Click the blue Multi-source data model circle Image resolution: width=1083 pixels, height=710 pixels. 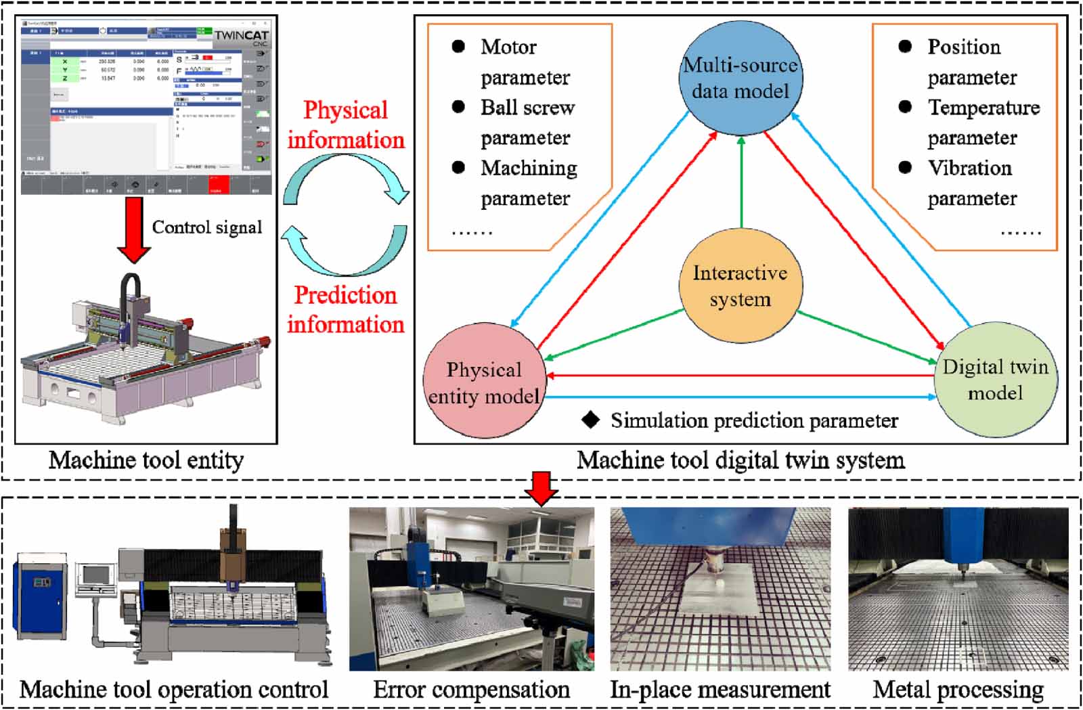741,78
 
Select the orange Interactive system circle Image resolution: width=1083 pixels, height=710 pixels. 741,286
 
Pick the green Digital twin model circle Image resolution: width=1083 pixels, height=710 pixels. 995,379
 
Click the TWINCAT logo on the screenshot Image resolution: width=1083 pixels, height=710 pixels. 241,36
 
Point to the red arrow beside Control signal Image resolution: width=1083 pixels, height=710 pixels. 134,230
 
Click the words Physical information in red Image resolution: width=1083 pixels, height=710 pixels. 345,125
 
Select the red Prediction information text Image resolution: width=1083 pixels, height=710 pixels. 345,310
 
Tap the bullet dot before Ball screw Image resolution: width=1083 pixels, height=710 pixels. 458,107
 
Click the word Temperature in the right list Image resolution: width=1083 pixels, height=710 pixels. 983,108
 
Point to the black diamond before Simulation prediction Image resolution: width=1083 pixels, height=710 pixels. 590,420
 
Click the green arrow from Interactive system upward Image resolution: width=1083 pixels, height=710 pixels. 741,183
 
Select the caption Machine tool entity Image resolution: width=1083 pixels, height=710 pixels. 146,460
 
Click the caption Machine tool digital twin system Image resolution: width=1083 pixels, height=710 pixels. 741,460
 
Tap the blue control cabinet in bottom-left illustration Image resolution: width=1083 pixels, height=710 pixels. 42,596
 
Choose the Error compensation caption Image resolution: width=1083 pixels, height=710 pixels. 472,690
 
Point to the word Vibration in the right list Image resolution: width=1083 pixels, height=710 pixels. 969,168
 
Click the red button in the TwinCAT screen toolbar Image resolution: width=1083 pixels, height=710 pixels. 218,185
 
